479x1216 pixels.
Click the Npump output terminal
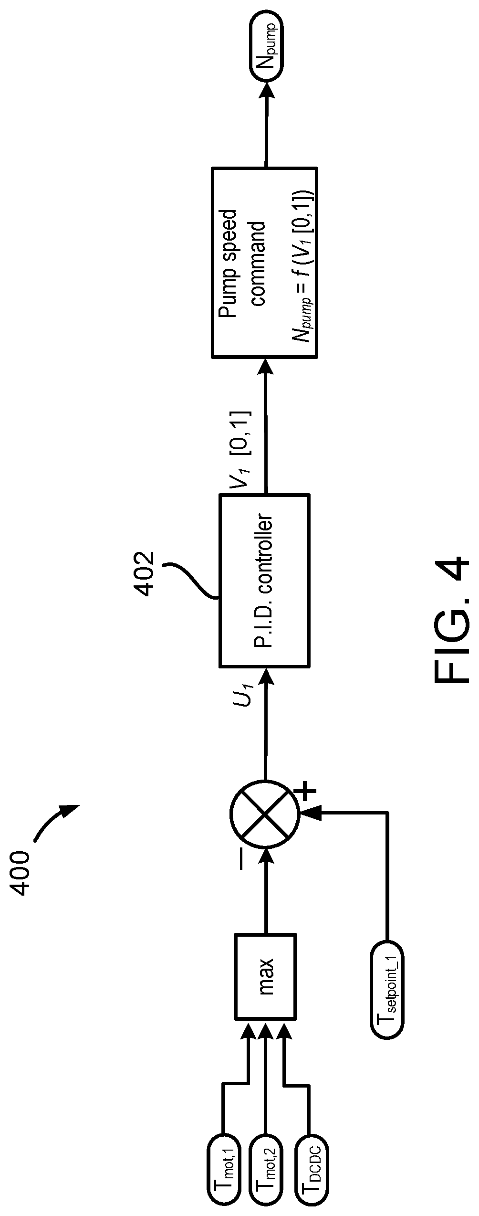pyautogui.click(x=266, y=47)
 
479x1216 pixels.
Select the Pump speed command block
pyautogui.click(x=265, y=262)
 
